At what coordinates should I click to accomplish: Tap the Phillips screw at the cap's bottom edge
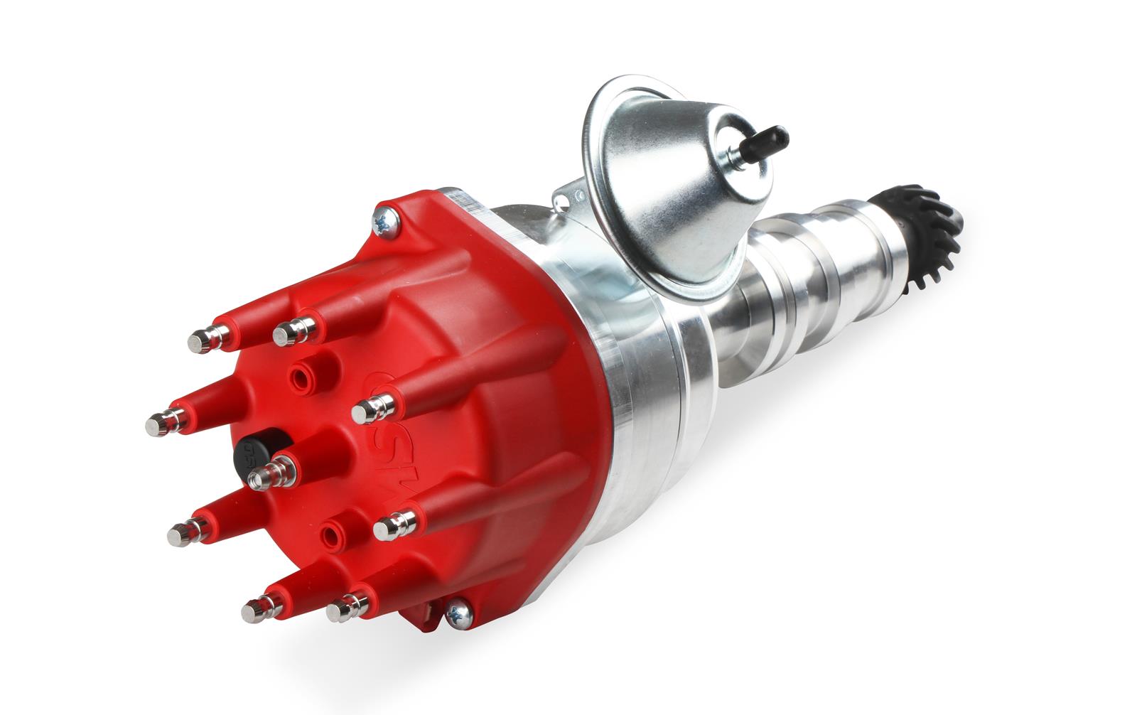tap(458, 613)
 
